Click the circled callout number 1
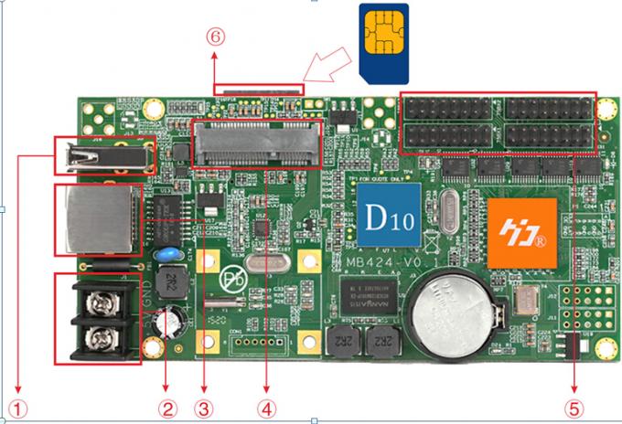click(x=17, y=402)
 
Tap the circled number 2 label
click(x=166, y=402)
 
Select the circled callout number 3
click(x=208, y=402)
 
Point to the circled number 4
click(x=267, y=402)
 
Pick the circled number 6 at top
click(x=213, y=36)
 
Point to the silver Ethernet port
click(x=95, y=220)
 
